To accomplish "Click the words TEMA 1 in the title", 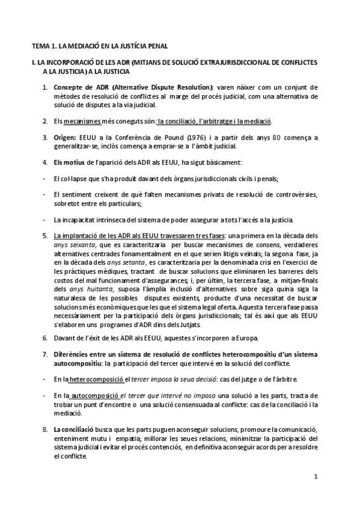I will coord(41,45).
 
